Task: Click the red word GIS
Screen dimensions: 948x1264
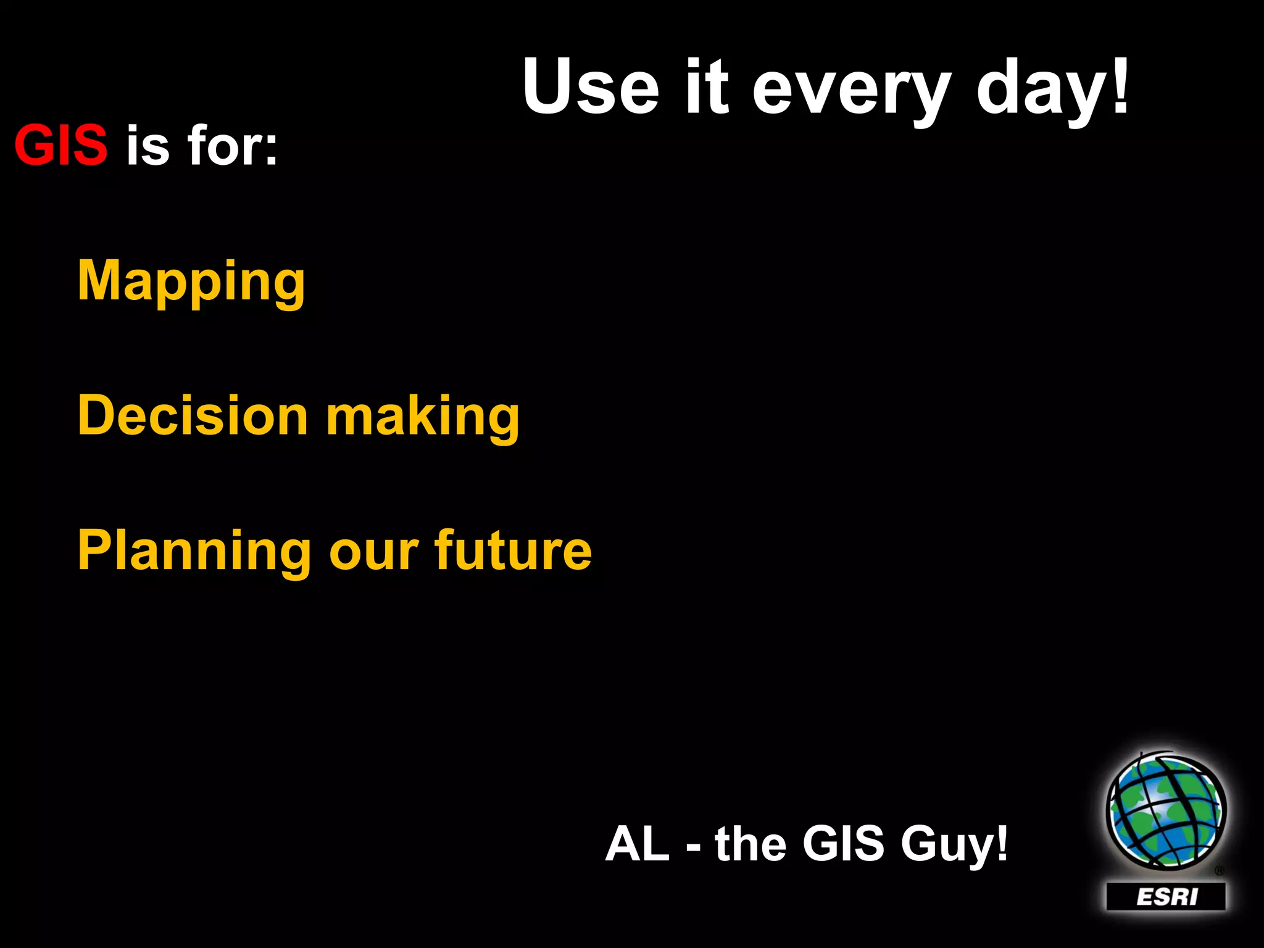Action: click(x=60, y=146)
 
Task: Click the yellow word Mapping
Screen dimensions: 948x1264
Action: click(x=191, y=282)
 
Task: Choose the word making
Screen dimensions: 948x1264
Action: click(x=423, y=417)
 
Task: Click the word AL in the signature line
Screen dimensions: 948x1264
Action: click(x=637, y=844)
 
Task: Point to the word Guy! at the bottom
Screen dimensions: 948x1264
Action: click(x=954, y=845)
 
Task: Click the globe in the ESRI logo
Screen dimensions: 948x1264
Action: click(x=1165, y=810)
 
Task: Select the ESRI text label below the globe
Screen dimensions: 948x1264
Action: click(x=1166, y=896)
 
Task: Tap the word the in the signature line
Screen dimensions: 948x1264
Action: click(x=750, y=844)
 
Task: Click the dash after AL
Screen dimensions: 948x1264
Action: click(x=693, y=848)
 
